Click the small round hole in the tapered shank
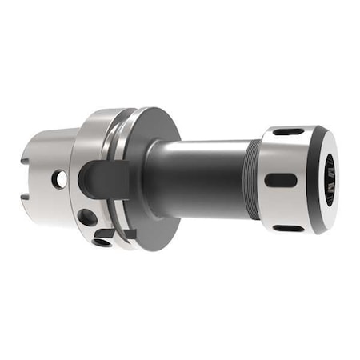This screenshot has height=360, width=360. [x=59, y=180]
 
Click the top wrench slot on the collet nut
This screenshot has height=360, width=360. [x=287, y=132]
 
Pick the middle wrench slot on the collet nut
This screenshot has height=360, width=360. [x=281, y=180]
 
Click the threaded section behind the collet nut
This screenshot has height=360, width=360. [x=254, y=178]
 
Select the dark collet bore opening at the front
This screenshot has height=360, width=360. [x=328, y=179]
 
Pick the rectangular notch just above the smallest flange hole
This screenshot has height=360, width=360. [x=123, y=233]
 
